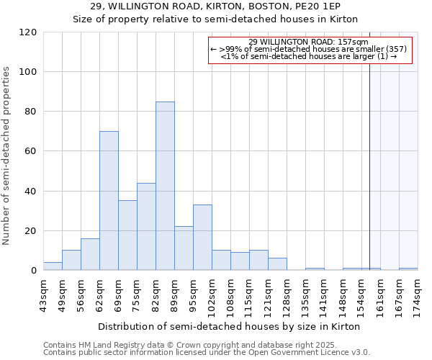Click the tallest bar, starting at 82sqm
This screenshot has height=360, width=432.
point(165,186)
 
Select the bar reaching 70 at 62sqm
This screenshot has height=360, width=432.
point(109,201)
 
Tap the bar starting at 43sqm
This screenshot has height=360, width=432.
point(53,266)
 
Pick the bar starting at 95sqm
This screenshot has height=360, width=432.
point(202,238)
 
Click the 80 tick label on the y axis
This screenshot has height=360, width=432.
point(30,112)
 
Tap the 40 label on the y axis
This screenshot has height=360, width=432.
point(30,192)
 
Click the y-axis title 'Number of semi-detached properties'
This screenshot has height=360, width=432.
point(6,156)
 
